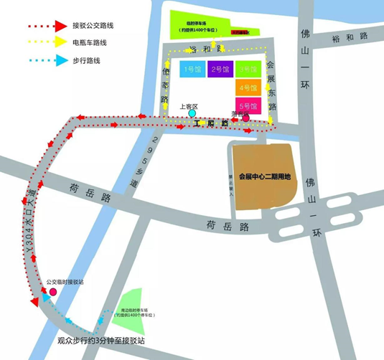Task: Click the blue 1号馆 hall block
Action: click(x=192, y=70)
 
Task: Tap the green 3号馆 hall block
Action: click(x=248, y=70)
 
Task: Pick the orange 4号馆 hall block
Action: click(x=248, y=88)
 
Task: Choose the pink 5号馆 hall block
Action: click(x=248, y=106)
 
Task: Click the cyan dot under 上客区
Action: click(x=192, y=113)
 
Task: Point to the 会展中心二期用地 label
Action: click(x=266, y=177)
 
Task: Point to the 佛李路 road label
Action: click(x=165, y=85)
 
